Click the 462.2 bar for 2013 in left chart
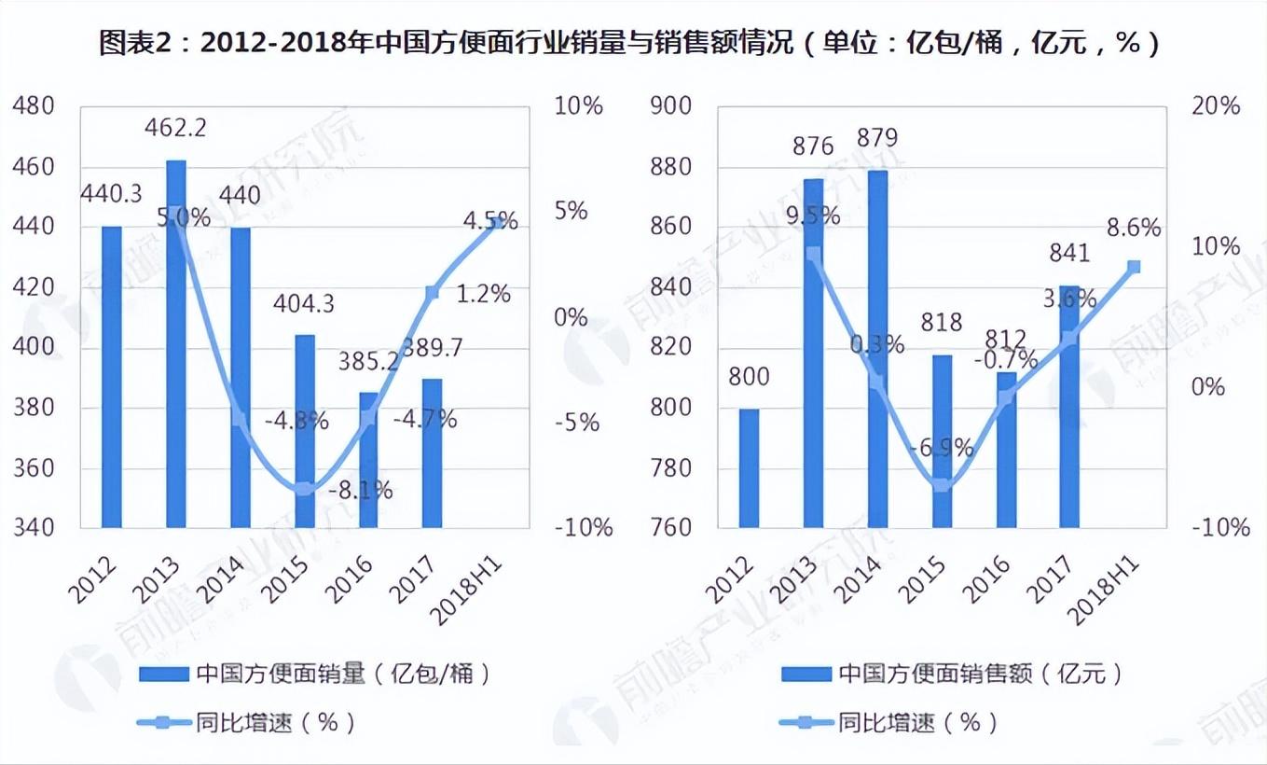(175, 345)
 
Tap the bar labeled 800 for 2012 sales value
(750, 467)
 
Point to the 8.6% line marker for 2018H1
(1134, 267)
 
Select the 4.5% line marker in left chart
(497, 221)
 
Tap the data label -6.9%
(943, 447)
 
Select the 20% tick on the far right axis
(1217, 106)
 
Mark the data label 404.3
(303, 304)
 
